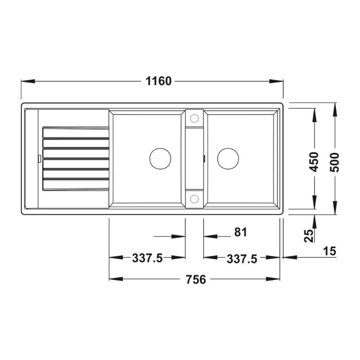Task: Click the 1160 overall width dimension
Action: [159, 81]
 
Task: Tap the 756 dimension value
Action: [196, 279]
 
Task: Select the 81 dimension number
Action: [241, 232]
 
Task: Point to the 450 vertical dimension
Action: [314, 162]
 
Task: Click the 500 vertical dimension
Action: [334, 162]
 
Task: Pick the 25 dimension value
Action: [309, 236]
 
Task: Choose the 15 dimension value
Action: [330, 251]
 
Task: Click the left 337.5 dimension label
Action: [148, 258]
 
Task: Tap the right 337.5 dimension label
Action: [242, 259]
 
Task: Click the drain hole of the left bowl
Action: [160, 159]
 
